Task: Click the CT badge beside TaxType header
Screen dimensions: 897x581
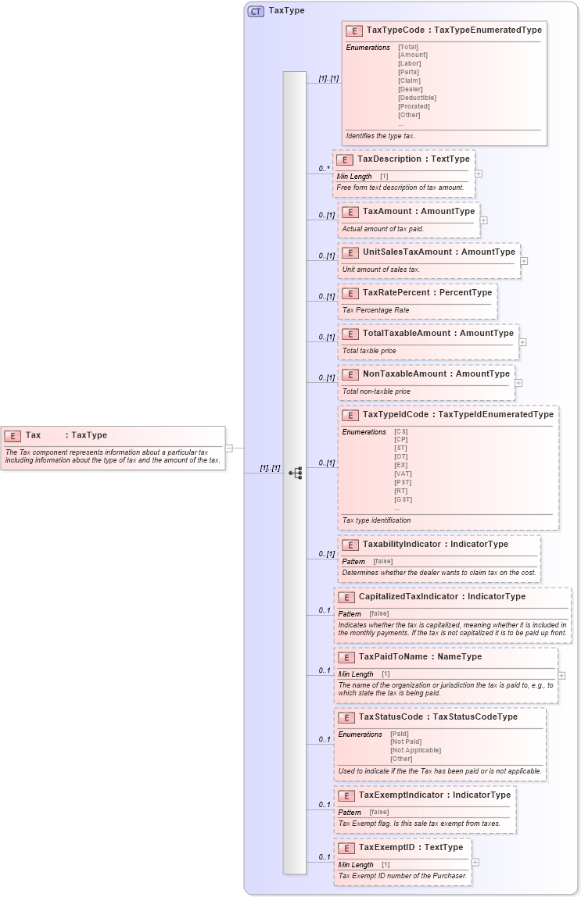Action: coord(256,11)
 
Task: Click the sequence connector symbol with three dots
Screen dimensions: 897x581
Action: coord(295,473)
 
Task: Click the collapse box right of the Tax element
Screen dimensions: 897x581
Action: coord(228,448)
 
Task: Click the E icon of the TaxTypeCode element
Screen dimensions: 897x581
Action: coord(354,30)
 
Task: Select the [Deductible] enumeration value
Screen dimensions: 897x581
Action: coord(417,98)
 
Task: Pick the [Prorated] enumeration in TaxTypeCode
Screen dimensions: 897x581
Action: coord(414,106)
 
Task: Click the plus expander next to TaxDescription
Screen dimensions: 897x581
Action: coord(479,174)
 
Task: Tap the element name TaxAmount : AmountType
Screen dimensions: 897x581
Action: coord(418,211)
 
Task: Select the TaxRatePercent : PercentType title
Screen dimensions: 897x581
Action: coord(427,292)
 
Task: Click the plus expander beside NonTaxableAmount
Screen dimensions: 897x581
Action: coord(518,383)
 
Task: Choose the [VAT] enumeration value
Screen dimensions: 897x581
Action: coord(403,474)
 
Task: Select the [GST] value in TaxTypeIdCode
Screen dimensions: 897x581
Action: coord(403,499)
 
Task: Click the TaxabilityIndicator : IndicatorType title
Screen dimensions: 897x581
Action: coord(435,544)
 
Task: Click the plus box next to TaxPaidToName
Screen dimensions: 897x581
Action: coord(561,675)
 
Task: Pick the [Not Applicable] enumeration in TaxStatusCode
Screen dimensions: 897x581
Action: coord(415,750)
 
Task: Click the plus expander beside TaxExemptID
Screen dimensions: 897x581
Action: coord(475,863)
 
